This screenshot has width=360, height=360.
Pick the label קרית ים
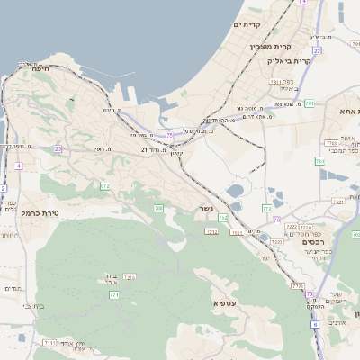click(247, 24)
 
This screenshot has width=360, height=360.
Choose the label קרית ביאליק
click(288, 60)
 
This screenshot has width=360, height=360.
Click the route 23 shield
click(58, 148)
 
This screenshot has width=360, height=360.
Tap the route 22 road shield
click(317, 51)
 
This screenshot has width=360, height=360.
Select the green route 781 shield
click(310, 103)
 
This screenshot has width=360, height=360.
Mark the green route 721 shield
click(114, 294)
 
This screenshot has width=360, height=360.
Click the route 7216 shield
click(130, 276)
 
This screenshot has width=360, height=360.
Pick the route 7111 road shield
click(49, 342)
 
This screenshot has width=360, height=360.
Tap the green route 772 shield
click(266, 209)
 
